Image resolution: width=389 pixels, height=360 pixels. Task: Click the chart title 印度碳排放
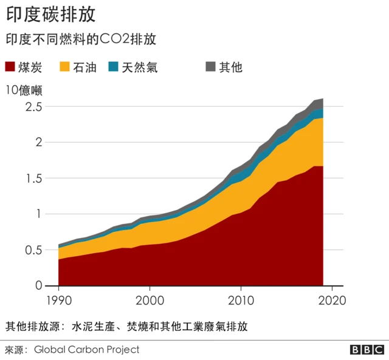click(x=50, y=14)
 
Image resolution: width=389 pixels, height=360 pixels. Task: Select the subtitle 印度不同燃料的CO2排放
click(x=81, y=39)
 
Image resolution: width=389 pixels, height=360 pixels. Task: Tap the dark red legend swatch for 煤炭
click(x=12, y=67)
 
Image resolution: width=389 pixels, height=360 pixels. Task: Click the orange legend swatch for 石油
click(x=64, y=67)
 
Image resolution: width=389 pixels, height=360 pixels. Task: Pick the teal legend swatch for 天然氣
click(x=114, y=67)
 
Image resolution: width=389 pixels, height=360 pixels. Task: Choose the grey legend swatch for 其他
click(x=211, y=67)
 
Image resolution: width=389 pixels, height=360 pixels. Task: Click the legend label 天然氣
click(x=139, y=67)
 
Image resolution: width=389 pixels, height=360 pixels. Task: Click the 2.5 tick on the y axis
click(x=34, y=107)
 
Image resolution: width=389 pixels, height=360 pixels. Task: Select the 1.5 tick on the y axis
click(x=34, y=178)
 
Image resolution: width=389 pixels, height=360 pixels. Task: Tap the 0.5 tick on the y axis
click(x=34, y=250)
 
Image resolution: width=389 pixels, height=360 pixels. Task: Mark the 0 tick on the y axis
click(x=38, y=285)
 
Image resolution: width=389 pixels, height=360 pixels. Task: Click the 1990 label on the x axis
click(x=58, y=300)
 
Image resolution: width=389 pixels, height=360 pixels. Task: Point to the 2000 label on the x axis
click(x=150, y=300)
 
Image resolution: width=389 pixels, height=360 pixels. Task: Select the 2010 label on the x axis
click(x=241, y=300)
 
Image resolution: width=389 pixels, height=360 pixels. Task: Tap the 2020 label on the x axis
click(x=332, y=300)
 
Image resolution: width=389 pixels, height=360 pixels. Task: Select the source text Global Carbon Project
click(x=86, y=349)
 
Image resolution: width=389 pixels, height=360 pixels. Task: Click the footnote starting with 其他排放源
click(x=126, y=326)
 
